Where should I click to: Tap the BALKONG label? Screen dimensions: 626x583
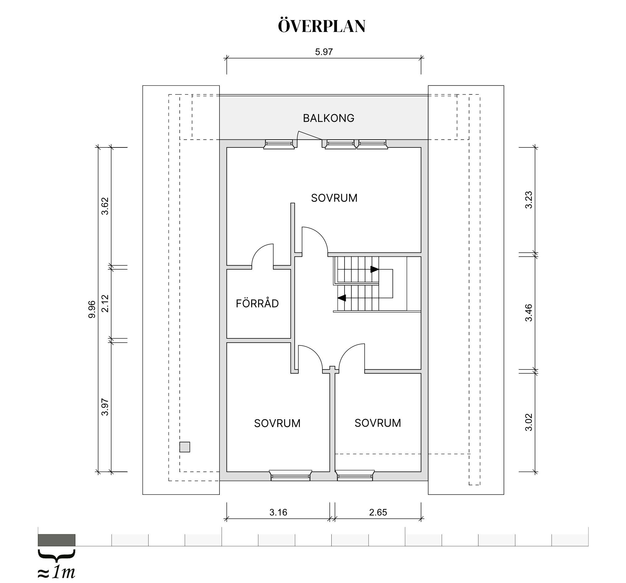point(329,118)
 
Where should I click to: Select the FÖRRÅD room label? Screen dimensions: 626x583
point(257,303)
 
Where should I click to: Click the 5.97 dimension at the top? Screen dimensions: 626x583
point(324,52)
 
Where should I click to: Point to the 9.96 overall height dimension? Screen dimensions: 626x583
point(92,309)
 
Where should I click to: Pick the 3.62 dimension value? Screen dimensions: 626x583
point(105,206)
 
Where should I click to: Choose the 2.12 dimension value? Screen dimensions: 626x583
point(105,304)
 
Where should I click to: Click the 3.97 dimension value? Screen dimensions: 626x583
point(105,407)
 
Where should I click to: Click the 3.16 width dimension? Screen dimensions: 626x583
point(278,512)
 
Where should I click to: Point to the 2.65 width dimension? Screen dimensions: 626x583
point(378,512)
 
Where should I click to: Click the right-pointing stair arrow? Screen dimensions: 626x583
point(374,269)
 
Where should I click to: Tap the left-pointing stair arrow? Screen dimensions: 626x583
point(342,298)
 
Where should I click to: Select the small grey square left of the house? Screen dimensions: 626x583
point(185,447)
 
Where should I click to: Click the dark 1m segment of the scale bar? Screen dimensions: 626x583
point(56,540)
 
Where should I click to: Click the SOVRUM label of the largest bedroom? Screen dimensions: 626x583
point(334,198)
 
